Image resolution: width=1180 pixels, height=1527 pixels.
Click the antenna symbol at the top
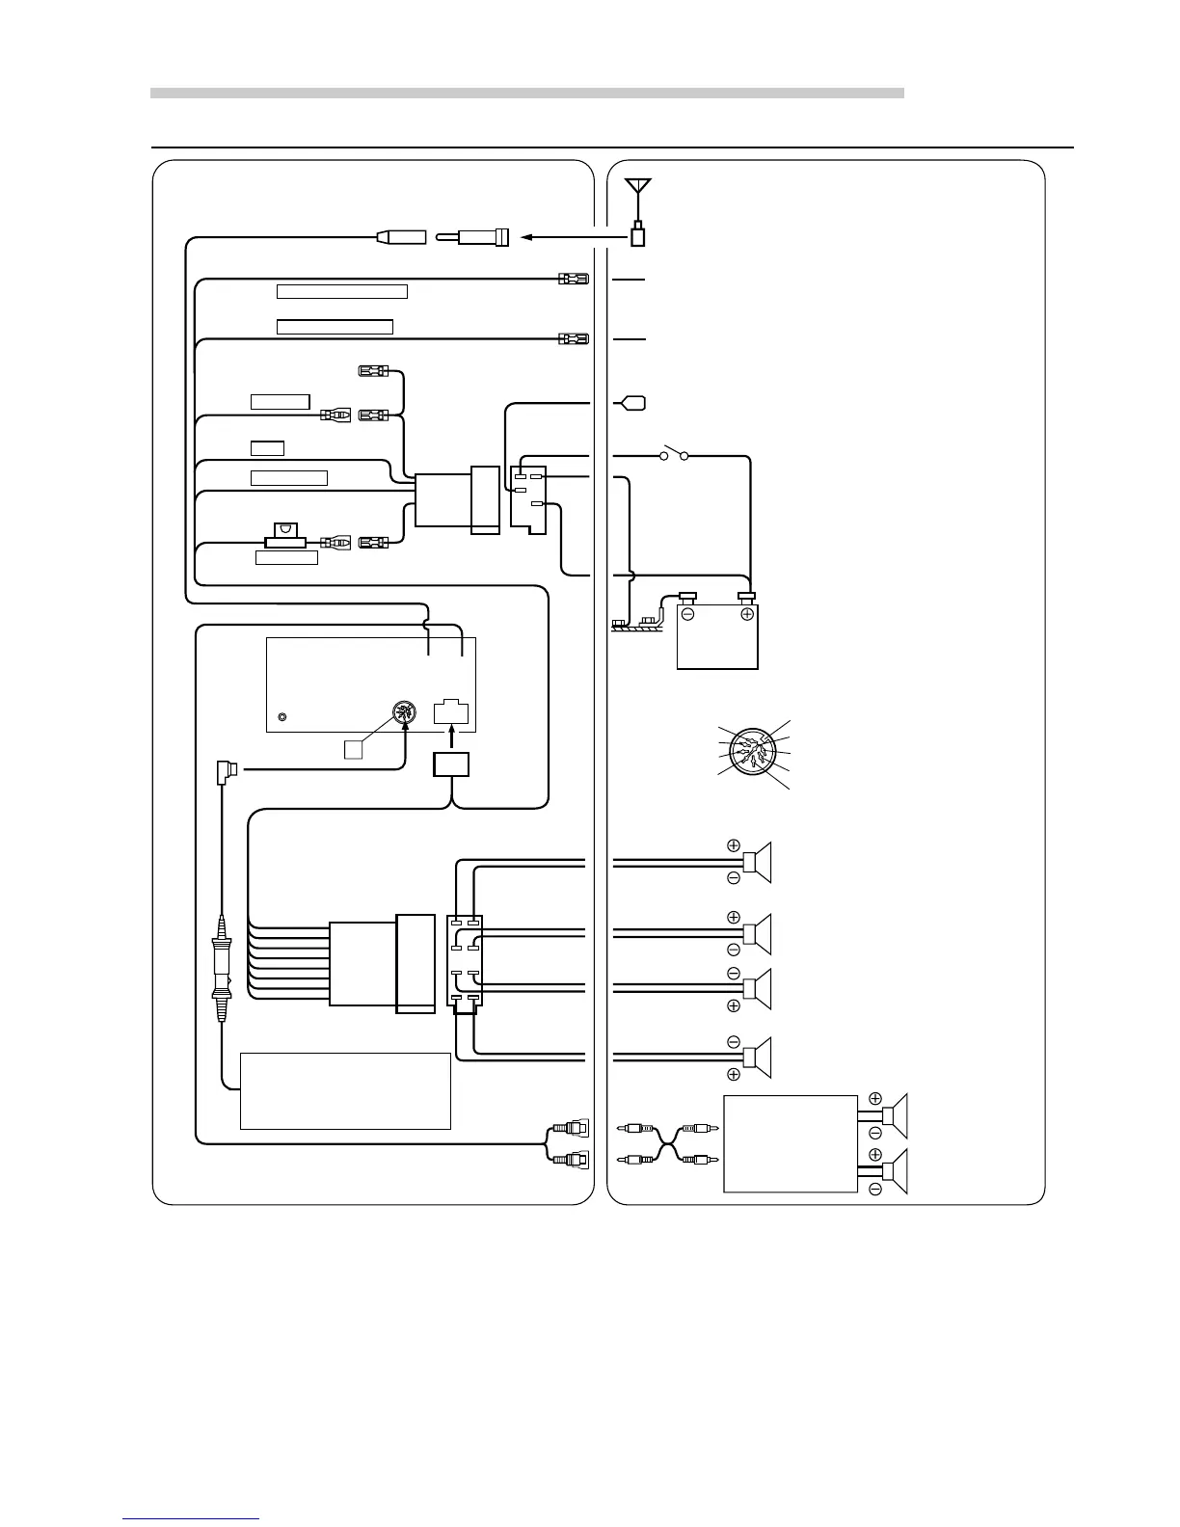[x=637, y=188]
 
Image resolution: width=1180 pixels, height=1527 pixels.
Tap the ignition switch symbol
[x=673, y=454]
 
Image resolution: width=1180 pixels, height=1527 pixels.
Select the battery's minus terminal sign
[x=688, y=613]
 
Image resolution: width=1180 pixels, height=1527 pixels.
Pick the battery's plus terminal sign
[x=746, y=613]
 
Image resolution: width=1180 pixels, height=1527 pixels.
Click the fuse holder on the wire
[x=285, y=542]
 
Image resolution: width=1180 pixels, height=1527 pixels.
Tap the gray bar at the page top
[x=526, y=94]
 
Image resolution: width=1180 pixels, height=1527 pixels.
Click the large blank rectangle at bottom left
[x=345, y=1090]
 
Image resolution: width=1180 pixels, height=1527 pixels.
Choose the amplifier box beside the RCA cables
[x=790, y=1143]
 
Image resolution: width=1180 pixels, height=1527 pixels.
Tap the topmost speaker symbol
[x=757, y=862]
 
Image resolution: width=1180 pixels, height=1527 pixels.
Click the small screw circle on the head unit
[x=282, y=717]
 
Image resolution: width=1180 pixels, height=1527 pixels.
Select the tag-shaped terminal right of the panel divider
[x=633, y=403]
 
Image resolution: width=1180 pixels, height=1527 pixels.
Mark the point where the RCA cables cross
[x=666, y=1144]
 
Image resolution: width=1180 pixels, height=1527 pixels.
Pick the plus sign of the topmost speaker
[x=734, y=845]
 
